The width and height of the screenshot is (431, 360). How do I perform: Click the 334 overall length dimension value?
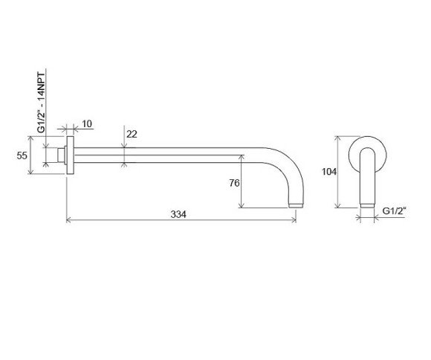(x=178, y=214)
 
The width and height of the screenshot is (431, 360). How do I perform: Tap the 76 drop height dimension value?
(x=235, y=183)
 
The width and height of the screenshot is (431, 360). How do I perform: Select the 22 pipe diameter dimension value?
(x=132, y=135)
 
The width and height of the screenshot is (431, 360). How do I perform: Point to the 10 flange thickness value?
(x=87, y=124)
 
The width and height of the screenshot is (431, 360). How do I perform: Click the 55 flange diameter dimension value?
(x=22, y=155)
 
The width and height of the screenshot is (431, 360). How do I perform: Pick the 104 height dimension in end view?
(x=329, y=172)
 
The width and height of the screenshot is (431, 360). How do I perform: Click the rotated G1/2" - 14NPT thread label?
(x=41, y=103)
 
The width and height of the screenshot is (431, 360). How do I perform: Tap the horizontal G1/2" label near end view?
(x=394, y=211)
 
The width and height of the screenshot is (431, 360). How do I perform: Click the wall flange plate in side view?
(x=70, y=155)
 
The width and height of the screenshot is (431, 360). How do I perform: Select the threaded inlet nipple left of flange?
(x=61, y=155)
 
